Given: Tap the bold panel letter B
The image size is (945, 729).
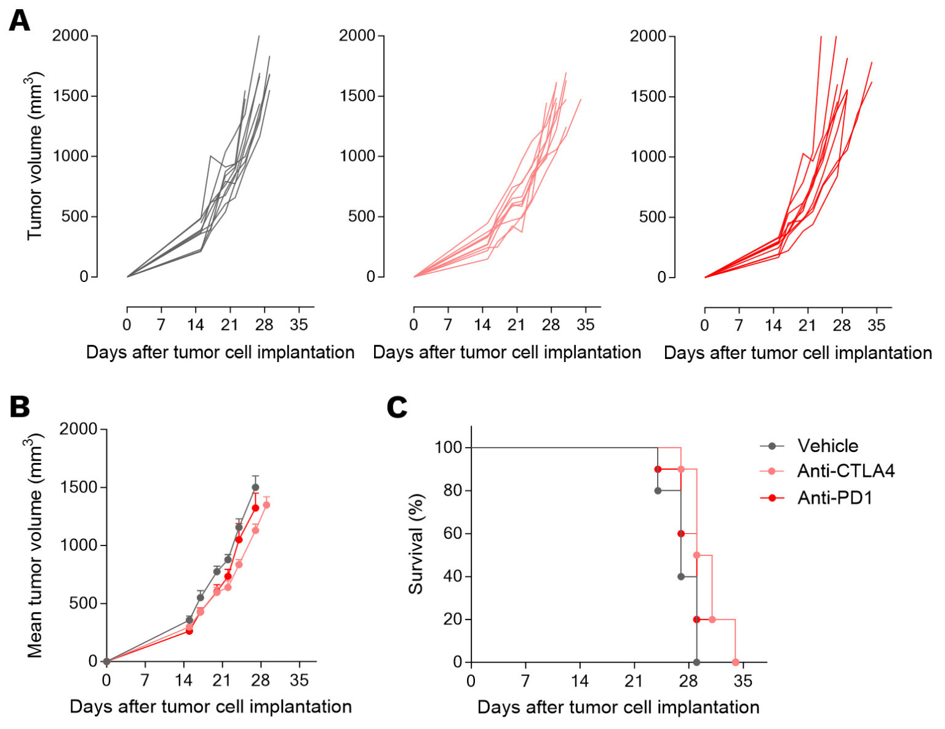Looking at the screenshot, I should (19, 407).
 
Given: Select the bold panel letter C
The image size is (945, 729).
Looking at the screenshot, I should (397, 407).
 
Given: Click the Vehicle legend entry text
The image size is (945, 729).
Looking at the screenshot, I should (827, 446).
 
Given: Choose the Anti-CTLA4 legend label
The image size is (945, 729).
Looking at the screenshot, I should (846, 471).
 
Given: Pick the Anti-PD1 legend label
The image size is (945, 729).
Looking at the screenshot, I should (835, 497).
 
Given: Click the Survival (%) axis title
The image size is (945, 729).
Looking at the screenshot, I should (417, 544).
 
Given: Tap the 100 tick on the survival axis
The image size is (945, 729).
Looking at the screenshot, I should (449, 447).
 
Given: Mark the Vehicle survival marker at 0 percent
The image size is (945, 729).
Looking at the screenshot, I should (696, 663).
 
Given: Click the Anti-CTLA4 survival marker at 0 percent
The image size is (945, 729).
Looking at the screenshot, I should (735, 663).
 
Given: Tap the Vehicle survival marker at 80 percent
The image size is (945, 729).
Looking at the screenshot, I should (658, 491).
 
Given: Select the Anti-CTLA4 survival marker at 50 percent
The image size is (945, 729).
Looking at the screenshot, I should (696, 555).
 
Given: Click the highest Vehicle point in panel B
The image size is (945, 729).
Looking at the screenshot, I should (255, 487).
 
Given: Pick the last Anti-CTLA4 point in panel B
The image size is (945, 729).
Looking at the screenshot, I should (266, 505).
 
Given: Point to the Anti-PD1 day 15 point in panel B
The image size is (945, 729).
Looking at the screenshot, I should (189, 631).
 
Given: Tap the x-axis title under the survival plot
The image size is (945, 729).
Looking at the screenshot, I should (618, 707).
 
